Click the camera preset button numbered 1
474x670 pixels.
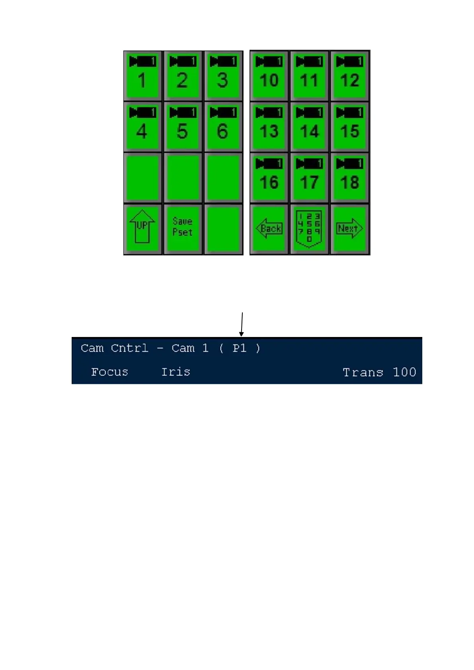point(142,76)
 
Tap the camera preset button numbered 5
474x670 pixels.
point(183,127)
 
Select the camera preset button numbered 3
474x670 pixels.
point(223,76)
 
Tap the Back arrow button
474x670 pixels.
point(269,228)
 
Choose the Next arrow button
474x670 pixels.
point(349,228)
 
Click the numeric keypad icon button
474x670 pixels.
point(309,228)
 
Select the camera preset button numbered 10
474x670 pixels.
point(269,76)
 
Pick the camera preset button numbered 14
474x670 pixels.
point(309,127)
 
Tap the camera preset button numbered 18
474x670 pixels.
point(349,177)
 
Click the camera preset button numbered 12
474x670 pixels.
point(349,76)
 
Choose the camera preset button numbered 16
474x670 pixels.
point(269,177)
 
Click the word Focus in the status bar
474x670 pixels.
point(109,372)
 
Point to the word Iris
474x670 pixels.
point(176,372)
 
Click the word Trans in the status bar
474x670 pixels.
point(363,372)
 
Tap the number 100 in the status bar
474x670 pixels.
point(404,372)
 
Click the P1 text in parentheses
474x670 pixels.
point(239,349)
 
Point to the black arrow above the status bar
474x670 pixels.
point(242,324)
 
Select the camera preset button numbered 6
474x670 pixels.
point(223,127)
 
